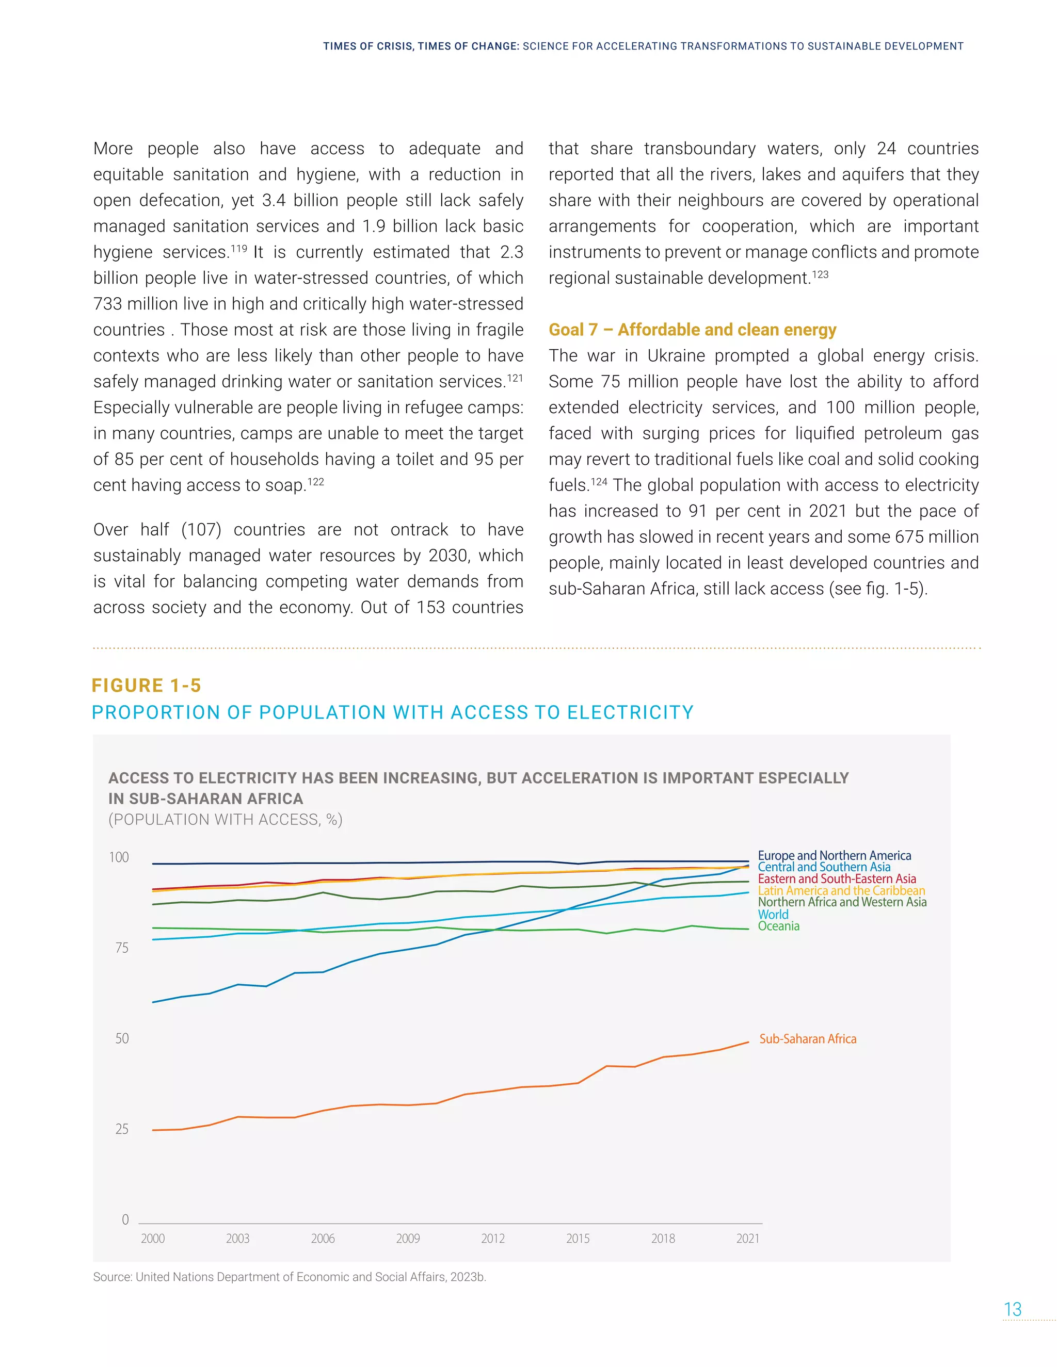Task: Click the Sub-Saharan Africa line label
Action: (807, 1039)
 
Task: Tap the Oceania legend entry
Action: (778, 926)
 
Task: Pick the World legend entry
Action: (773, 915)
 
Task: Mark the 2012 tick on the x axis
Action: (493, 1239)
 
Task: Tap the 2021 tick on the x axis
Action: (748, 1239)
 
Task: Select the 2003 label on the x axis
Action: (237, 1239)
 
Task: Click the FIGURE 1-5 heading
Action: (146, 686)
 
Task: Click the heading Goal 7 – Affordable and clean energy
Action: (692, 330)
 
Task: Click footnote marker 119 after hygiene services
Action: (238, 249)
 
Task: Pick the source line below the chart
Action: (290, 1277)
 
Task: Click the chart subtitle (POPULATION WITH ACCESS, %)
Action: (226, 819)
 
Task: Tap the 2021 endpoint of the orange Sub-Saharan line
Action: (748, 1042)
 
